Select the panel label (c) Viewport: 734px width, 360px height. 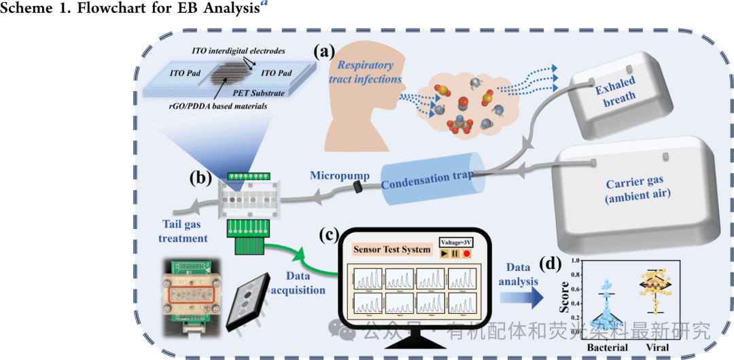[330, 235]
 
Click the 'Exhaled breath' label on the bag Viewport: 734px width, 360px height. [616, 90]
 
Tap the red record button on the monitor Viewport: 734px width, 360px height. [467, 253]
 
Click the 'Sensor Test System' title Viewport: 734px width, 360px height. [391, 249]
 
